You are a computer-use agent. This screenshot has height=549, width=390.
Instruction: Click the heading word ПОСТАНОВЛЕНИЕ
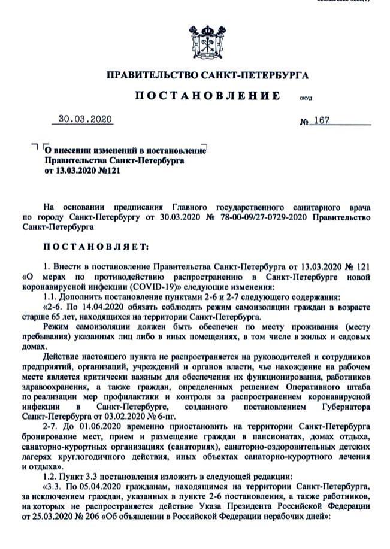click(x=206, y=96)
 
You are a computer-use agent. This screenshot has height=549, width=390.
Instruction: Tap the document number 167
click(x=321, y=120)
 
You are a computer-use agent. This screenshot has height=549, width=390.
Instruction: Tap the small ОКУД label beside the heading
click(x=305, y=98)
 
